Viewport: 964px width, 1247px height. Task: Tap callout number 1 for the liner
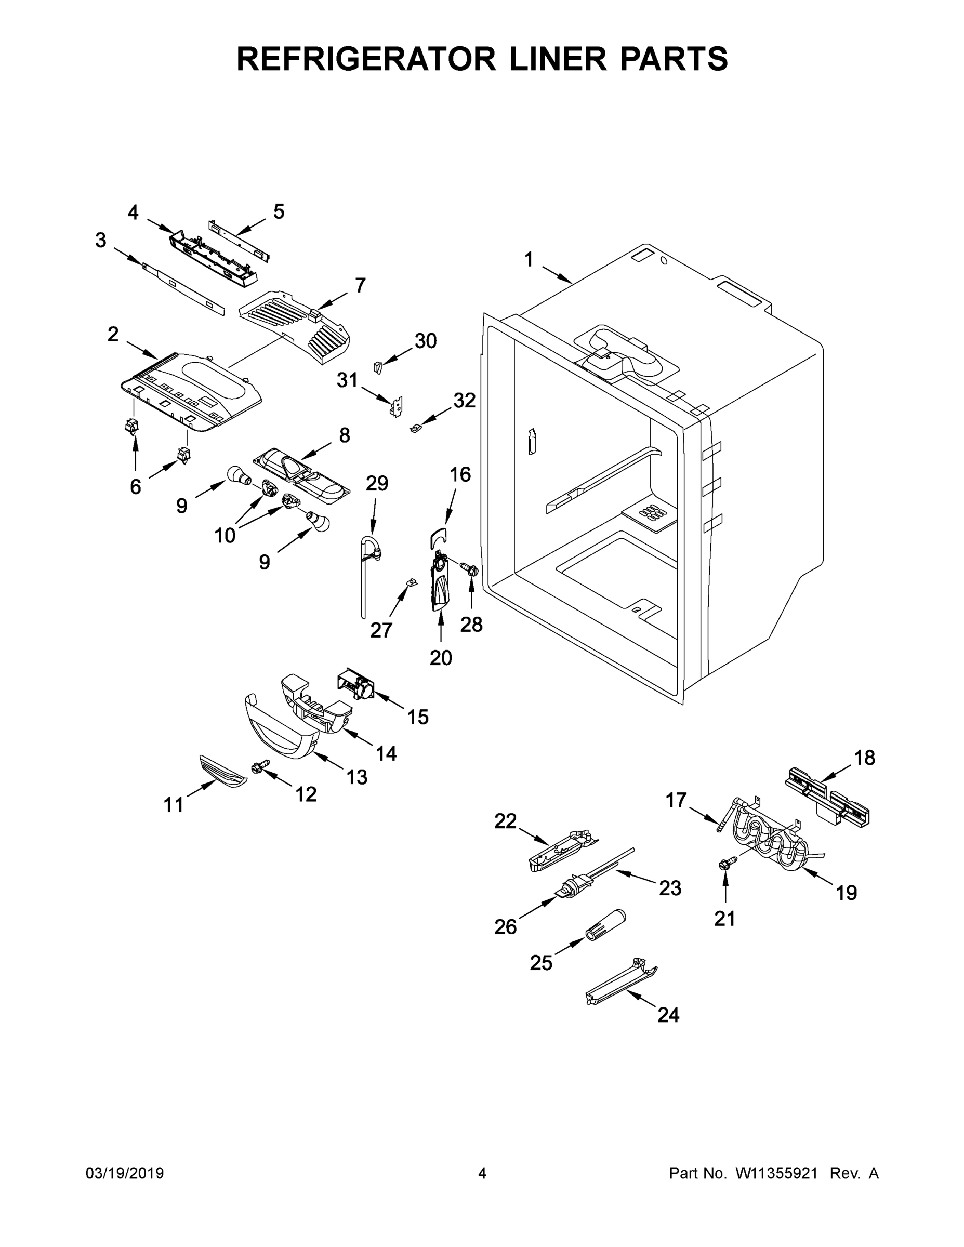pyautogui.click(x=529, y=260)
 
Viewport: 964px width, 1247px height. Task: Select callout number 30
pyautogui.click(x=425, y=341)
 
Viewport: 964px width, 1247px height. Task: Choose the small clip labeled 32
pyautogui.click(x=416, y=427)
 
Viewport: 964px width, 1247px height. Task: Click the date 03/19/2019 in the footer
pyautogui.click(x=125, y=1173)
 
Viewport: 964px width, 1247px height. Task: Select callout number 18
pyautogui.click(x=864, y=758)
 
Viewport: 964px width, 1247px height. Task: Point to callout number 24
pyautogui.click(x=668, y=1015)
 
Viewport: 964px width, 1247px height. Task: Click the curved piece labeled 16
pyautogui.click(x=438, y=538)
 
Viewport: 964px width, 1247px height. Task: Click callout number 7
pyautogui.click(x=360, y=285)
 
